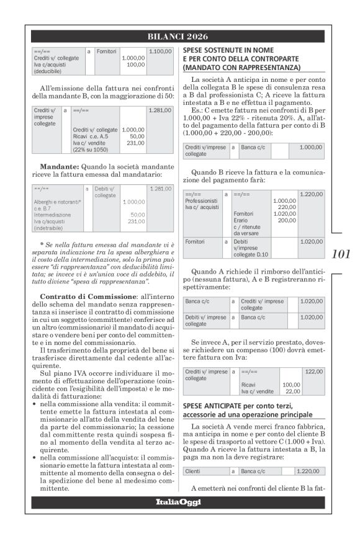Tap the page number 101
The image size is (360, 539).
click(x=341, y=253)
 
